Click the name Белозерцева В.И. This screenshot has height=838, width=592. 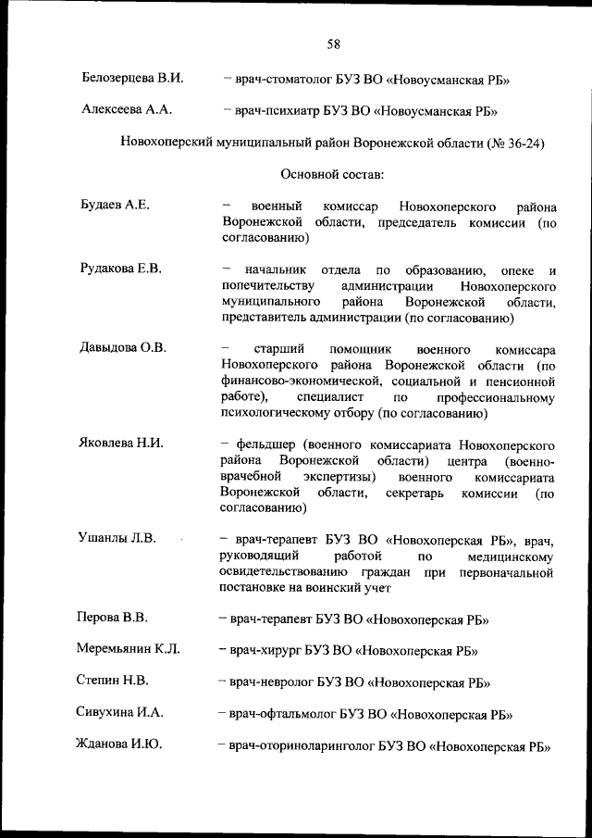pos(132,78)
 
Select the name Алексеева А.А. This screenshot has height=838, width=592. pos(126,110)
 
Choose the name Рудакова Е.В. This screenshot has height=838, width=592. pos(121,269)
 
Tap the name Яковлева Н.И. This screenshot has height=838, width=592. pos(121,443)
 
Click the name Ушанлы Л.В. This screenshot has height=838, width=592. pos(117,537)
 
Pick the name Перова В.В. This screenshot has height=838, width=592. pos(112,617)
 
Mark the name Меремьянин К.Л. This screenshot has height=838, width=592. pos(128,650)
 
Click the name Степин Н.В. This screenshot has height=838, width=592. pos(112,682)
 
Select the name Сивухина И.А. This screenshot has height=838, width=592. pos(119,713)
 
